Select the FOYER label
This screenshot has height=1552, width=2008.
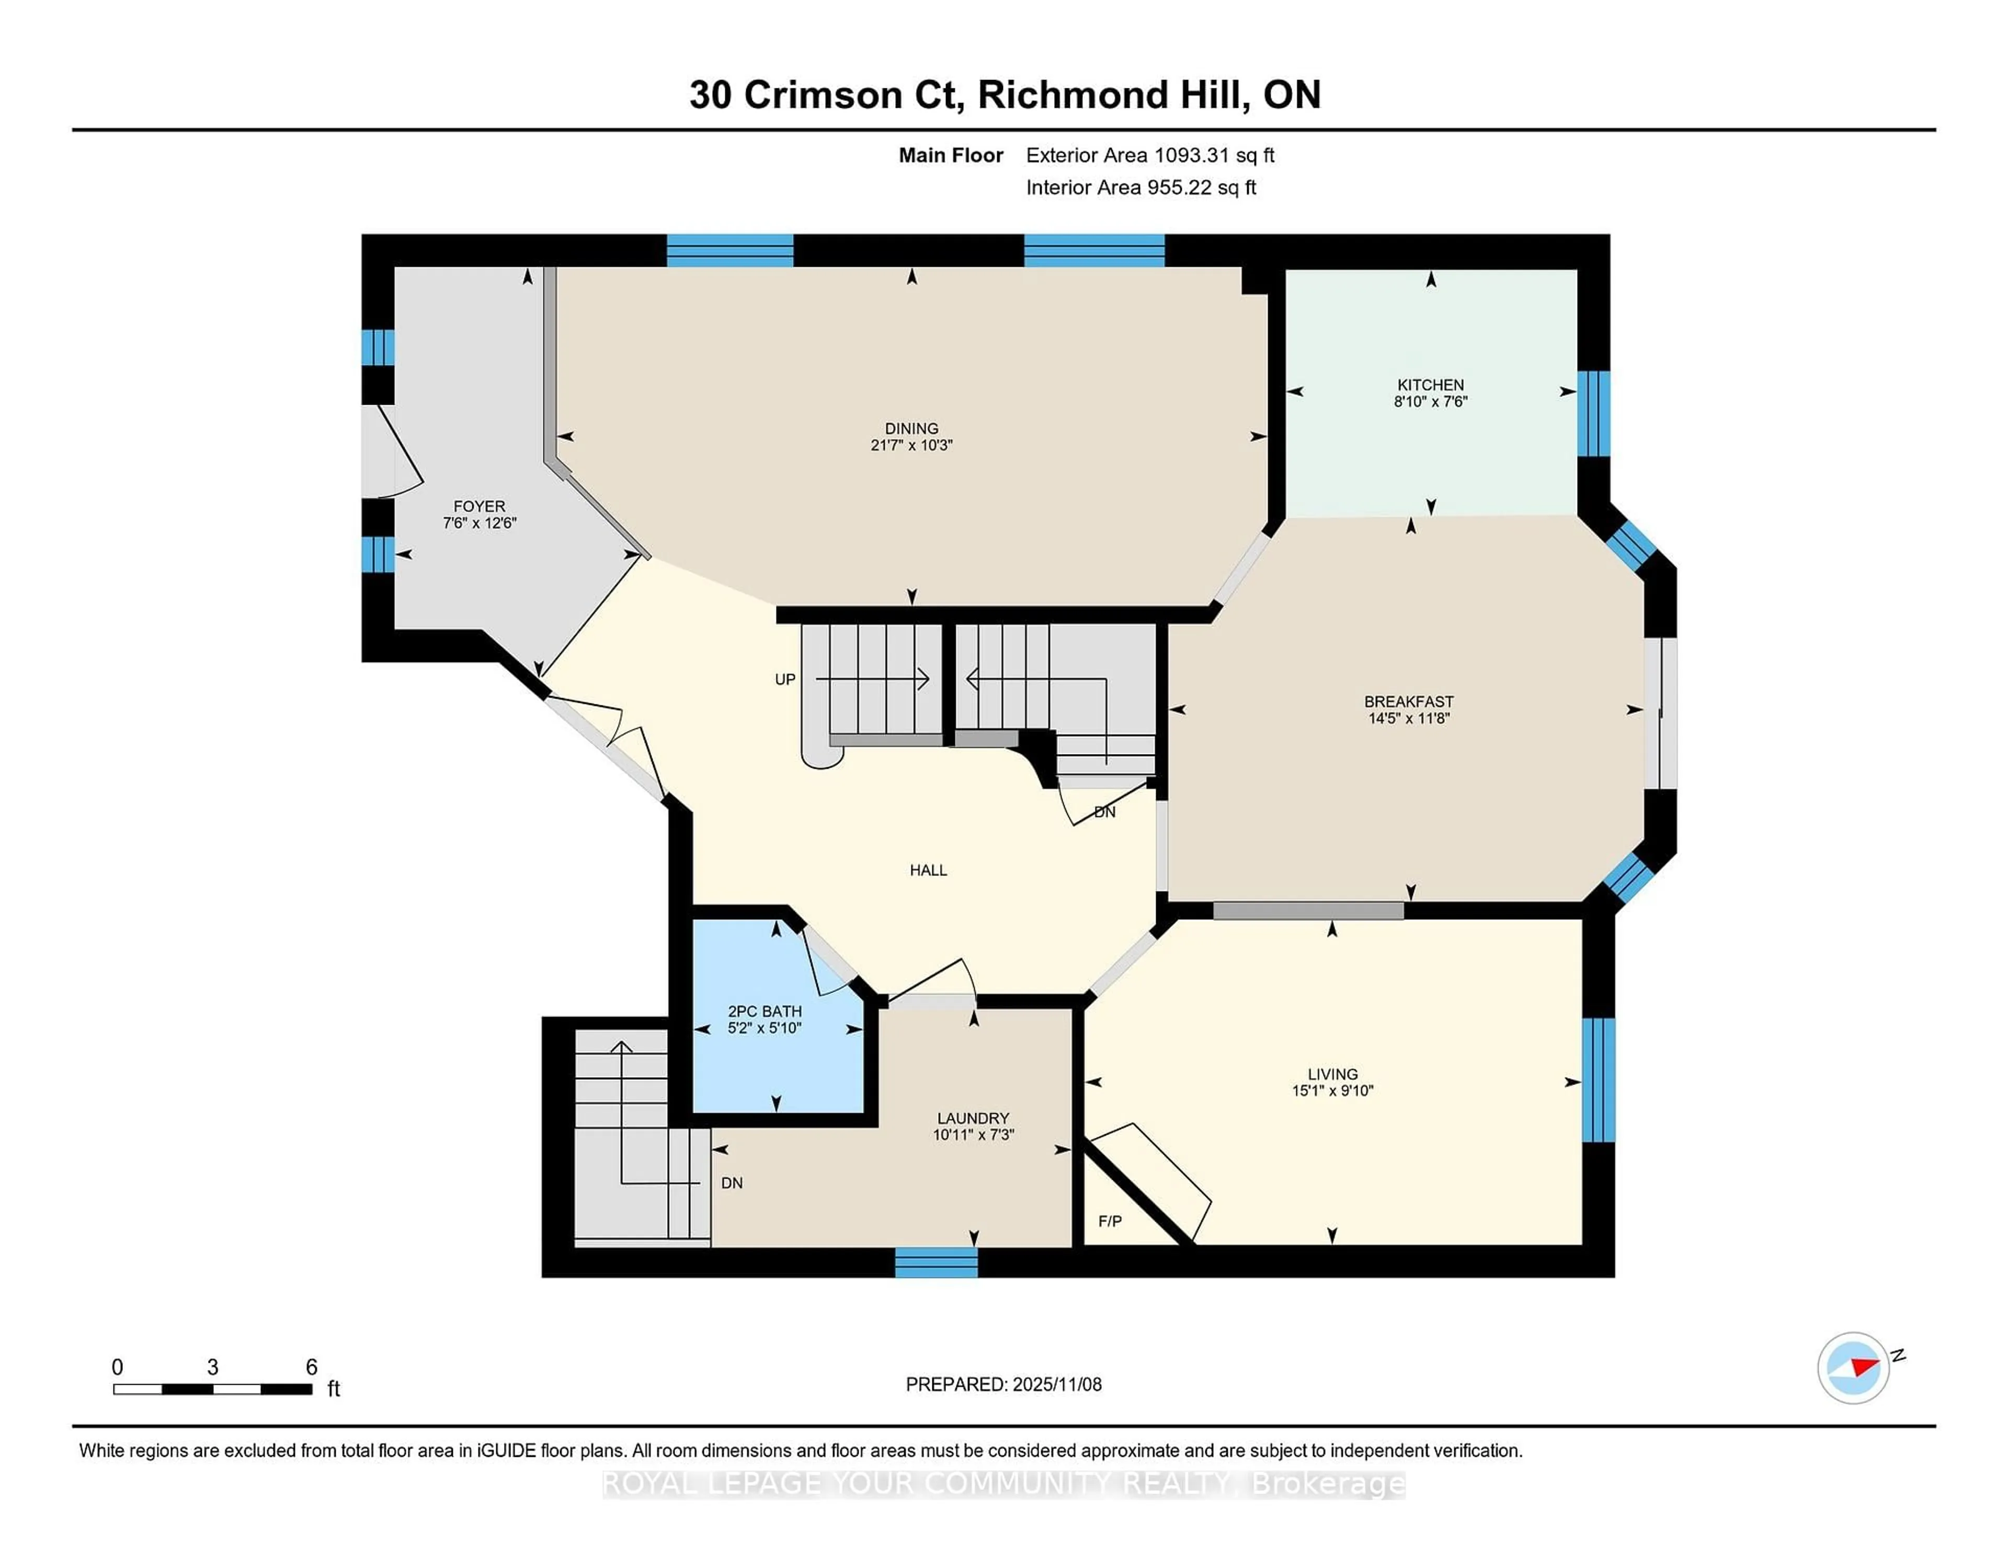[x=479, y=506]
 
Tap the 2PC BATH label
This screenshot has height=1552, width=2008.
[x=764, y=1010]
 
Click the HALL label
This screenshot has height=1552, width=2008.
[x=928, y=870]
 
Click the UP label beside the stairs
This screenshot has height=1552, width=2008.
[x=784, y=679]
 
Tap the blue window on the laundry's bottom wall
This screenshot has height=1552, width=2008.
[x=936, y=1262]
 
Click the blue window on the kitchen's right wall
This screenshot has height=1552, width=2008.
[x=1593, y=414]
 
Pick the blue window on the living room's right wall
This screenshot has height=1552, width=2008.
[x=1598, y=1079]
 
